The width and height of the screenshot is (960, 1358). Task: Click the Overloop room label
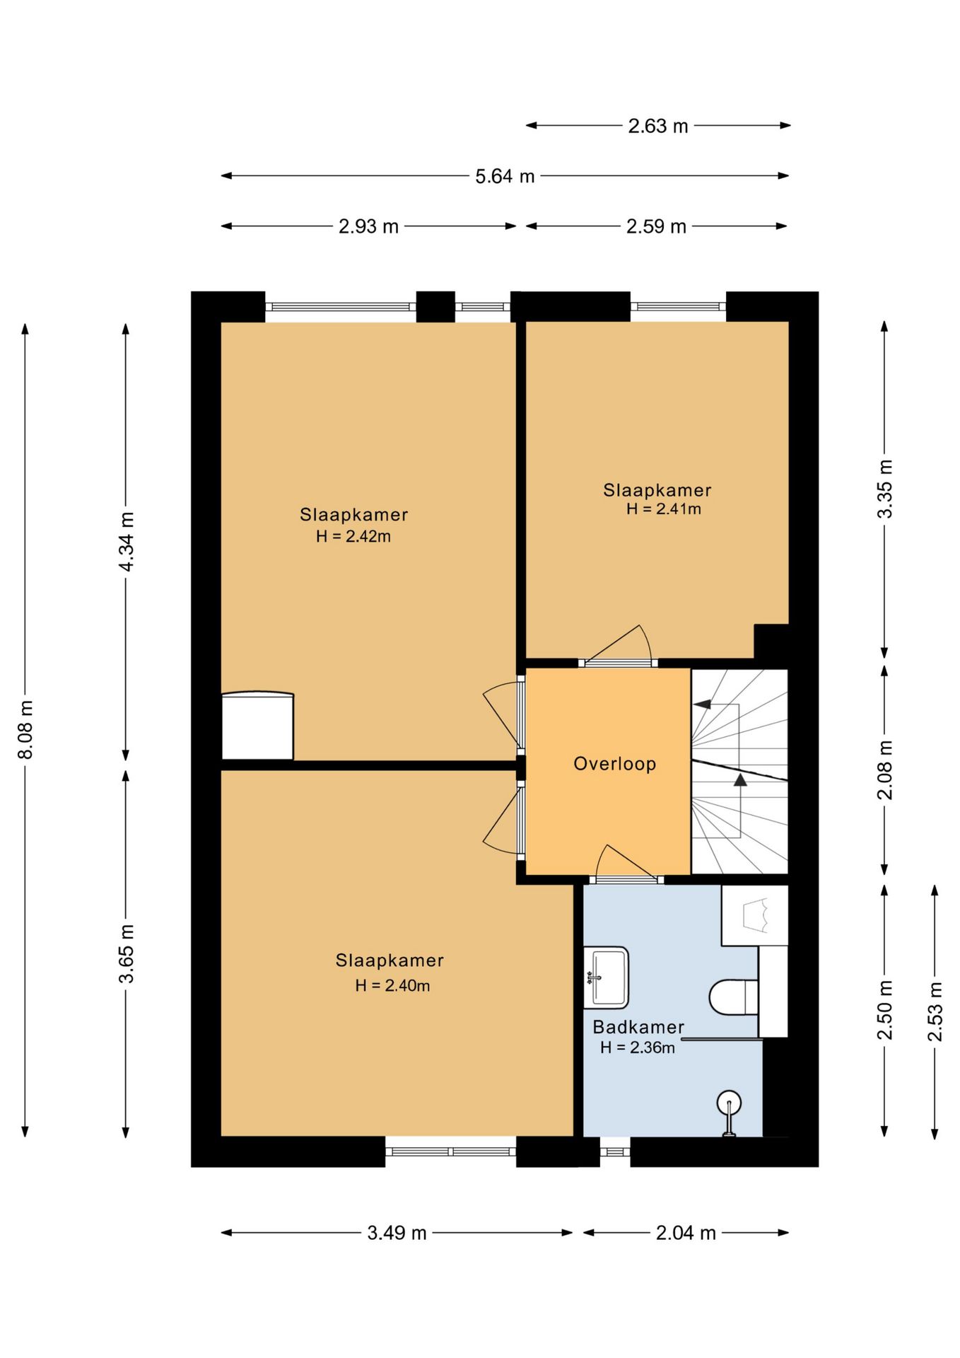(614, 764)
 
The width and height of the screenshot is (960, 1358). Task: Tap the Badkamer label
(638, 1027)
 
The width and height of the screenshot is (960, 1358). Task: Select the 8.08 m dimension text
(25, 730)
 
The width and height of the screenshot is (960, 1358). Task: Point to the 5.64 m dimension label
(505, 176)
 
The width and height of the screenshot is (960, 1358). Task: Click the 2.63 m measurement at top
(658, 126)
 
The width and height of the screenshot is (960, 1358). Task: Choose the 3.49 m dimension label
(397, 1233)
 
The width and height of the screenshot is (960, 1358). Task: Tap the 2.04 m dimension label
(686, 1233)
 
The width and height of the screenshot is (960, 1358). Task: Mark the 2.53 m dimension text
(935, 1011)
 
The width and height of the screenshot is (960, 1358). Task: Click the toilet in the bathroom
(734, 997)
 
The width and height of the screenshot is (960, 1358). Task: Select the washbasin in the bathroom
(606, 977)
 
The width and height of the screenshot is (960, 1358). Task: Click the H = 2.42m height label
(353, 536)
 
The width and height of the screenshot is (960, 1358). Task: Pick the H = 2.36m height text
(638, 1047)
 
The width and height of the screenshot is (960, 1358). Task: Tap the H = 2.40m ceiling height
(392, 985)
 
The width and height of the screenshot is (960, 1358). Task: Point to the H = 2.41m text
(664, 509)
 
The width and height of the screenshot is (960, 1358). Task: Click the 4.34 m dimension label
(126, 541)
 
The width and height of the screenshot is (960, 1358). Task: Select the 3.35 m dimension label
(884, 489)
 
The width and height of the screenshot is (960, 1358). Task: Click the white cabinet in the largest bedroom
(257, 726)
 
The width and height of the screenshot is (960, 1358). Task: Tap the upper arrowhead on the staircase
(702, 704)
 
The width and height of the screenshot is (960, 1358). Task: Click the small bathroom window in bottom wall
(615, 1151)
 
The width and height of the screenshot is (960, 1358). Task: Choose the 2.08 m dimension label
(884, 770)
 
